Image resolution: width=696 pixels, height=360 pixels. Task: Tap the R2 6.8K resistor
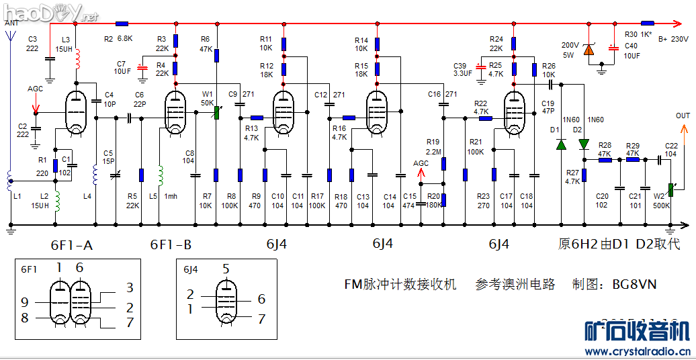[122, 24]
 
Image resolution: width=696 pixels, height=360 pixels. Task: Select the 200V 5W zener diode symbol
[589, 49]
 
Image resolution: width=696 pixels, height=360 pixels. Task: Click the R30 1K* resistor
[648, 24]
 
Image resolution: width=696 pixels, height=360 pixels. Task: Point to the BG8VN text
[634, 284]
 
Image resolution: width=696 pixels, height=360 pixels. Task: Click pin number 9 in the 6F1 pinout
[25, 302]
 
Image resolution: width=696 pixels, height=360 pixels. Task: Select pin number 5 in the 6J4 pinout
[226, 269]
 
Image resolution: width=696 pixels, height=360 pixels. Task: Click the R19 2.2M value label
[433, 152]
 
